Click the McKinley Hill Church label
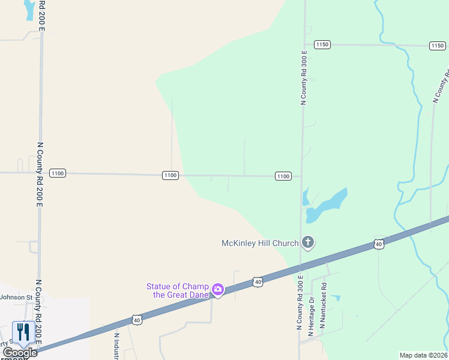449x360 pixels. (x=260, y=243)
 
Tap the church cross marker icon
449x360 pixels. (x=307, y=242)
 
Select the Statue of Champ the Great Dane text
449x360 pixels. (x=178, y=290)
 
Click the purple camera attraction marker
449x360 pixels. (x=217, y=290)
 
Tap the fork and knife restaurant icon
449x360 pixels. (x=23, y=332)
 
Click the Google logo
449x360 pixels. (x=19, y=353)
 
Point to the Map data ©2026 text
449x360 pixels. (x=424, y=355)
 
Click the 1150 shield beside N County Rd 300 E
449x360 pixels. (x=322, y=44)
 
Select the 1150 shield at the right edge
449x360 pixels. (x=437, y=46)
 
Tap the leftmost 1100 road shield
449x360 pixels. (x=58, y=173)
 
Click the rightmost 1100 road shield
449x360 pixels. (x=283, y=176)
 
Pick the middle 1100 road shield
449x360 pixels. (x=170, y=175)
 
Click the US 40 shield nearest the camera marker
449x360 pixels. (x=257, y=281)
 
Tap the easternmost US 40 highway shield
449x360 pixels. (x=378, y=244)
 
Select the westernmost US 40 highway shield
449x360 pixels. (x=137, y=320)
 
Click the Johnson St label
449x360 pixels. (x=16, y=297)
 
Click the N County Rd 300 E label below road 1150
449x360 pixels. (x=304, y=78)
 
